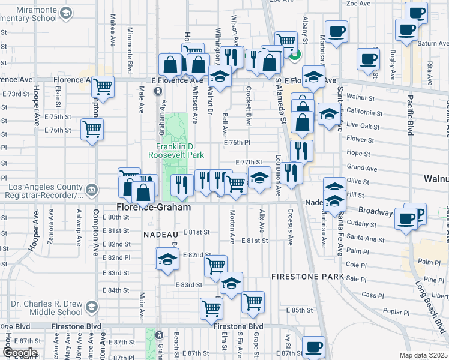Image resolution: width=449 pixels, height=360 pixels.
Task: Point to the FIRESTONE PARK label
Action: coord(307,277)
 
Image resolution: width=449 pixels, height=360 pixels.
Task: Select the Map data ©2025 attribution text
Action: coord(423,355)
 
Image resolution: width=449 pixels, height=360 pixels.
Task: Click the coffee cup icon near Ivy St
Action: coord(313,347)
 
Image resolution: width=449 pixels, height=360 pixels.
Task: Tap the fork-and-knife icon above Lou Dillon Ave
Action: coord(292,173)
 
